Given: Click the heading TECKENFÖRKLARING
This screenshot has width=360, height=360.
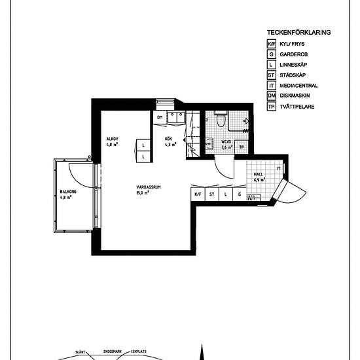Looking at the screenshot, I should coord(298,32).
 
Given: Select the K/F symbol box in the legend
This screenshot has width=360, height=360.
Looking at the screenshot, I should coord(271,43).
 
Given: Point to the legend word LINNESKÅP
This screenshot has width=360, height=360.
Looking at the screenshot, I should coord(293,64).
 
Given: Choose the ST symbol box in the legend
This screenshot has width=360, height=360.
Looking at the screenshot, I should coord(271,75).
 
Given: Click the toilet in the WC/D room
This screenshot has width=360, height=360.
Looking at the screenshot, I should coord(221,120).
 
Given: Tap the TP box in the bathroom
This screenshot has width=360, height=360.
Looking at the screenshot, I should coord(242,147).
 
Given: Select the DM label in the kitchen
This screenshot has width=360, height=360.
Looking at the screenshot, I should coord(159,117).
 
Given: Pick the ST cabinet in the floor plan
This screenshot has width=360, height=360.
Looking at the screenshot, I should coord(211,194).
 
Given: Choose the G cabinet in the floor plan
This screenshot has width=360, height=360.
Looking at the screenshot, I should coord(240,194).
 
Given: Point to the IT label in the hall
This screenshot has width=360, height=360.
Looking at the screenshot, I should coord(279,169).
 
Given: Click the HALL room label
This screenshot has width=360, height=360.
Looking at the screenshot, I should coord(259,175).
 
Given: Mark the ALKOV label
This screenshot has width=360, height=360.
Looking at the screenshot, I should coord(112,139).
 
